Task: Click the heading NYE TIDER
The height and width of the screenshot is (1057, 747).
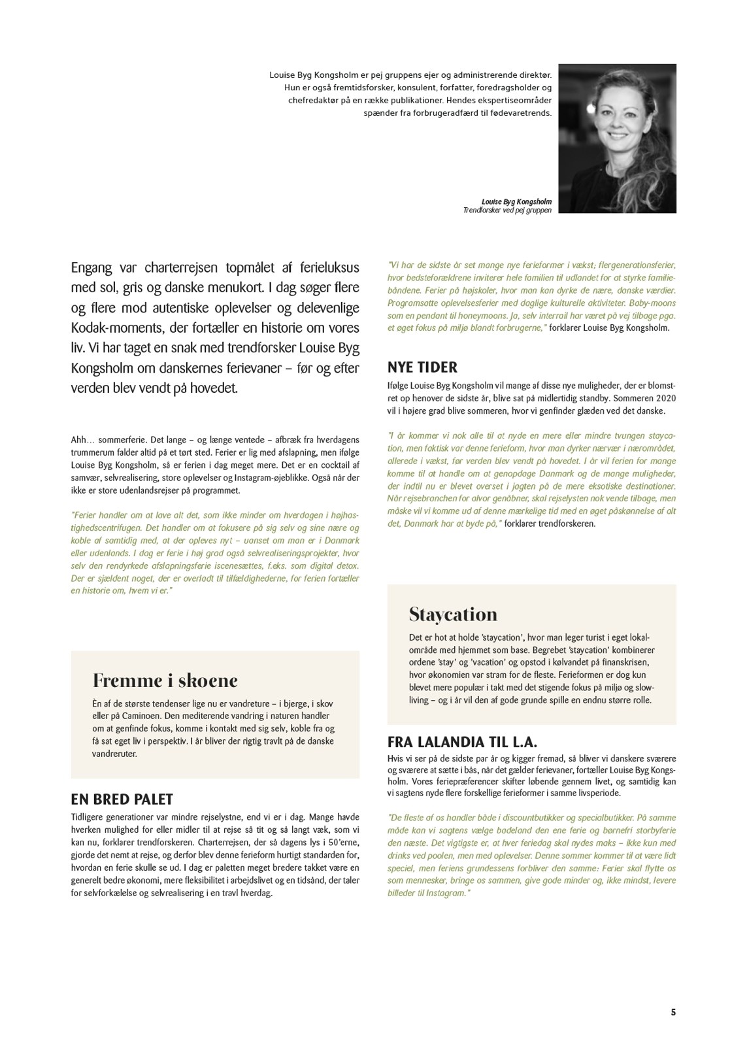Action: [422, 367]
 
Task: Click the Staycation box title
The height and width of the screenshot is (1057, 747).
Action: [453, 614]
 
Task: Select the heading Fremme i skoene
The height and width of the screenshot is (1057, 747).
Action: [165, 680]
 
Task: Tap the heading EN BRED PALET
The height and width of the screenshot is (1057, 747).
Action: [122, 799]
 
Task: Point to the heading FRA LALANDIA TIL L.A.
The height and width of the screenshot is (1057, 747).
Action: [462, 742]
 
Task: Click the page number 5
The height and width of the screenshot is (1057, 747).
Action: [673, 1013]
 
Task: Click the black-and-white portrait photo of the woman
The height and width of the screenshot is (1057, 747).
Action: [618, 138]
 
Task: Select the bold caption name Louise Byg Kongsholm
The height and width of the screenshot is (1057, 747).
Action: [516, 202]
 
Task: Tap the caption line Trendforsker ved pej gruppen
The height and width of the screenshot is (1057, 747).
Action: [507, 210]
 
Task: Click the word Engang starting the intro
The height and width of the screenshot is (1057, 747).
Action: [91, 268]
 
